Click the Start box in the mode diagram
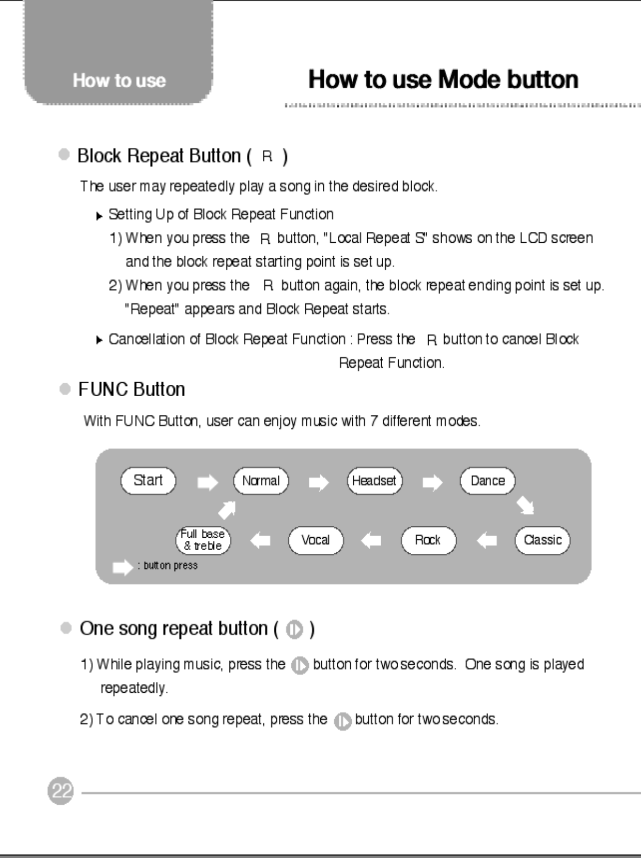click(x=148, y=481)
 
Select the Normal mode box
click(x=261, y=481)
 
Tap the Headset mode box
click(x=374, y=481)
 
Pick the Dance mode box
click(x=488, y=481)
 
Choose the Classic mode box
click(x=542, y=540)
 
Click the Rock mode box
click(x=428, y=540)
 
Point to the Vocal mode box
click(x=316, y=540)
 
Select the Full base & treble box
click(x=203, y=540)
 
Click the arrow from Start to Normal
click(x=208, y=483)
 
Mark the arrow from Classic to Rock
click(x=487, y=541)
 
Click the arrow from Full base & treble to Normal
click(x=227, y=510)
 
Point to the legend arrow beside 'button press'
click(x=122, y=567)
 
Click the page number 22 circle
click(x=60, y=791)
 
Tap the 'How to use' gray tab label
click(x=119, y=81)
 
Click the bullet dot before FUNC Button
click(x=65, y=389)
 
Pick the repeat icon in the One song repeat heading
click(x=294, y=630)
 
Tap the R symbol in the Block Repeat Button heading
click(x=267, y=156)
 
